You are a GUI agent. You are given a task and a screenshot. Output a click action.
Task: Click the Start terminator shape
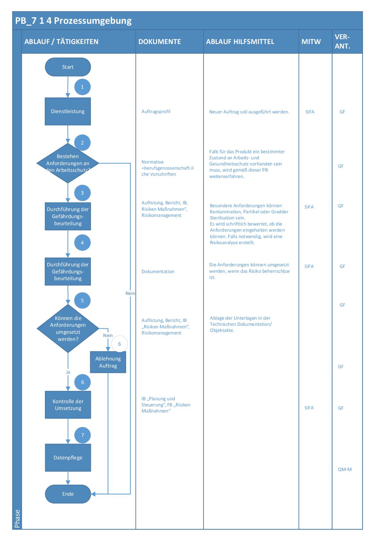pos(68,67)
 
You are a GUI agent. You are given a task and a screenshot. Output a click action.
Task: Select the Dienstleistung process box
pos(68,111)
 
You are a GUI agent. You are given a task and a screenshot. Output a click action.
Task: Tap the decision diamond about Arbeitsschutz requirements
pos(68,163)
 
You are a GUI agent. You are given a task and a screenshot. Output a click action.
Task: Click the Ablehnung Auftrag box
pos(108,362)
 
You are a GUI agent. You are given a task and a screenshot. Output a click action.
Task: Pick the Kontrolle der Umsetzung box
pos(68,405)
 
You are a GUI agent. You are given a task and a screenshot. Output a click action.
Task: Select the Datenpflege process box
pos(68,457)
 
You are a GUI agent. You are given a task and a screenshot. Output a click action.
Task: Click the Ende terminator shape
pos(68,494)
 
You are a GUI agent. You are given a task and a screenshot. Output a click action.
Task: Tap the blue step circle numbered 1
pos(82,87)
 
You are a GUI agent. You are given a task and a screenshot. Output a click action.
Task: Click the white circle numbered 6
pos(119,344)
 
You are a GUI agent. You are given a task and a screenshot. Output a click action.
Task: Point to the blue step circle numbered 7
pos(82,435)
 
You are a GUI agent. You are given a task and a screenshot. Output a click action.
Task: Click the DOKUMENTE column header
pos(160,41)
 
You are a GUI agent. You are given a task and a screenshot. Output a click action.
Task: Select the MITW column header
pos(311,41)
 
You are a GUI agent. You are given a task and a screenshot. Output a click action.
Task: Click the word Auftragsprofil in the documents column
pos(156,111)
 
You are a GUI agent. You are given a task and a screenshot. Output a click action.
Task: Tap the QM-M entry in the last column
pos(344,469)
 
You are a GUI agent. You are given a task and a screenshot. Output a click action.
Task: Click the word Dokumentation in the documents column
pos(158,271)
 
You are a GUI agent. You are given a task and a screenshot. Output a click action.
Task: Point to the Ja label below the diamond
pos(68,372)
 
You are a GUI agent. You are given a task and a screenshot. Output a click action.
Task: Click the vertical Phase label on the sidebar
pos(17,519)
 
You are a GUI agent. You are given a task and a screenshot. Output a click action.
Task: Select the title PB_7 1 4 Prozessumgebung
pos(74,21)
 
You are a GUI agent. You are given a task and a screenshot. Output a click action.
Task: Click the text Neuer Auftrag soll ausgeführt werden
pos(249,112)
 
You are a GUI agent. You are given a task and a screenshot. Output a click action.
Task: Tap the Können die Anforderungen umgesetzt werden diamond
pos(68,329)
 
